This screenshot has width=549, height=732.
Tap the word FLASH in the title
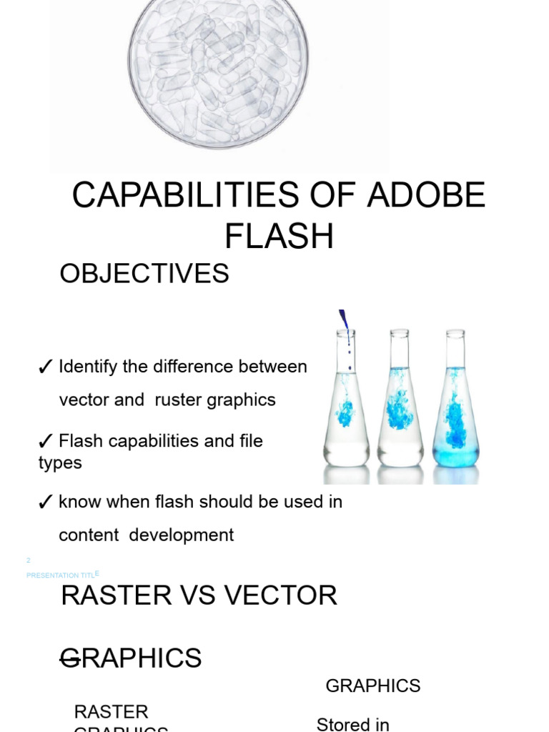click(279, 237)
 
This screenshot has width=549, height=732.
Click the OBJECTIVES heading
click(144, 274)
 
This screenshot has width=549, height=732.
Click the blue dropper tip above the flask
click(344, 320)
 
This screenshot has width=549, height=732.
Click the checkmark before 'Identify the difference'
click(45, 367)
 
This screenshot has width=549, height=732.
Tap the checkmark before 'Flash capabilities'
click(45, 442)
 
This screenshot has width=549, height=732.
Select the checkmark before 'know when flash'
click(45, 503)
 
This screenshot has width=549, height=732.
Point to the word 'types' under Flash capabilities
click(60, 463)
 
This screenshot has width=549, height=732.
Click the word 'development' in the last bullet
click(182, 535)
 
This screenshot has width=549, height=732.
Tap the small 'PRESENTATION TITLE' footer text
click(61, 575)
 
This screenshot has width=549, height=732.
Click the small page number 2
click(29, 560)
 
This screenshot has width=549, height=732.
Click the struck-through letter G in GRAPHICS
click(71, 658)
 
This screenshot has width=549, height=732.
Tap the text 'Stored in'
click(352, 724)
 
